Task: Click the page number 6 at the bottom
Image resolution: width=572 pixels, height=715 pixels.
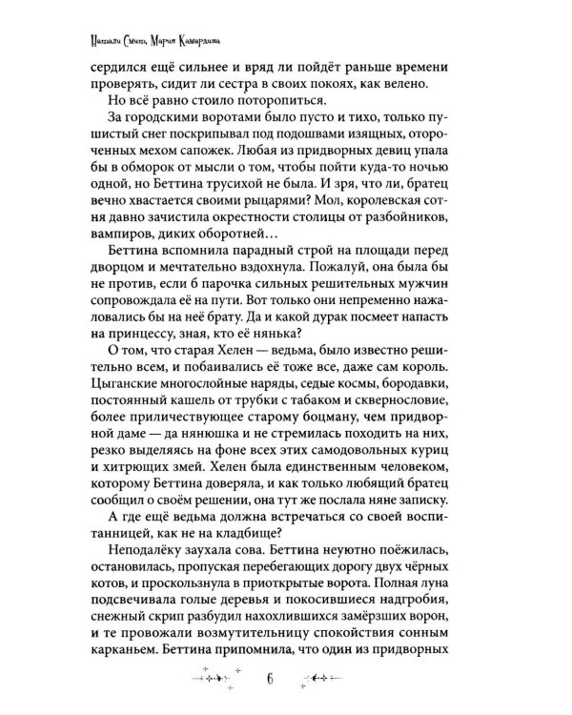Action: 270,678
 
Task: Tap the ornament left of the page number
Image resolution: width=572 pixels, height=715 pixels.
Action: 213,679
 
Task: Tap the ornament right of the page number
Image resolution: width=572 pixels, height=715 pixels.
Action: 326,679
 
